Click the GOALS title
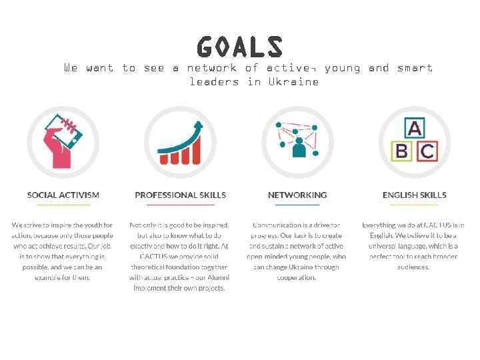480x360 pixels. coord(240,47)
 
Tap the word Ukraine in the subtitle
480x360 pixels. coord(293,82)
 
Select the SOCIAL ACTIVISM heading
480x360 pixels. coord(63,195)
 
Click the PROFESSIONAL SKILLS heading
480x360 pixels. coord(180,195)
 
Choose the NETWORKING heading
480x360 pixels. coord(297,195)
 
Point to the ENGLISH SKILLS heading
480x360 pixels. coord(414,195)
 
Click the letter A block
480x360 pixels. coord(415,128)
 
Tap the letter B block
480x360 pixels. coord(401,151)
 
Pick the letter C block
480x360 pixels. coord(427,151)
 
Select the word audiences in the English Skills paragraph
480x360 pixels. coord(413,267)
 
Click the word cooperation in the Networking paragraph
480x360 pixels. coord(297,277)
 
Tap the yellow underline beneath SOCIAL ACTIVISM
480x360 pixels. coord(63,205)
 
